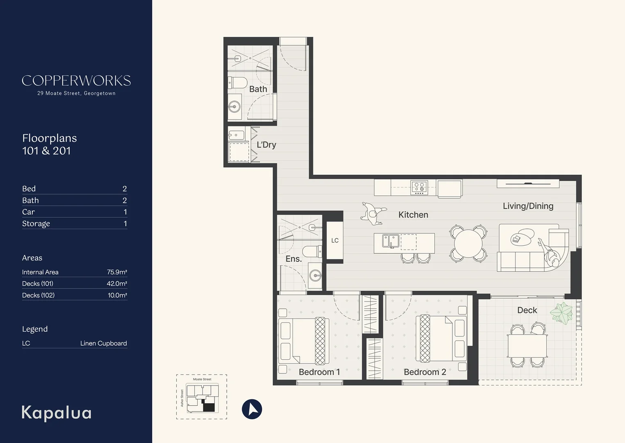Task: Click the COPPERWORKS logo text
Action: [76, 81]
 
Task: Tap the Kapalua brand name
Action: [56, 413]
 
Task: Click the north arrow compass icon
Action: [252, 409]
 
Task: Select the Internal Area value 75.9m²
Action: [117, 272]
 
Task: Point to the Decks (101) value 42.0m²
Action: [117, 283]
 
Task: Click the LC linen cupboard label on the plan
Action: [335, 240]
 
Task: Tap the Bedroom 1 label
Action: [319, 372]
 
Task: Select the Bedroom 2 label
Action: [425, 372]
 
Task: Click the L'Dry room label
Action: [266, 145]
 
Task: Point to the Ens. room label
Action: [294, 259]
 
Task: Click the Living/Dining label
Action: [528, 206]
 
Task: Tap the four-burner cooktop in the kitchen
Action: [419, 187]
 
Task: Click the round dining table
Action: [468, 243]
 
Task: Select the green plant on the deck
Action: [561, 313]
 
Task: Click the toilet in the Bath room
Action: [237, 82]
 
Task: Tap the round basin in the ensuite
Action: [315, 276]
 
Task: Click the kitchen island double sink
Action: [390, 241]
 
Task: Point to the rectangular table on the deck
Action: [527, 346]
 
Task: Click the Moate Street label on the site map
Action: [202, 379]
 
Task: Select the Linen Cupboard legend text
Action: [103, 343]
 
